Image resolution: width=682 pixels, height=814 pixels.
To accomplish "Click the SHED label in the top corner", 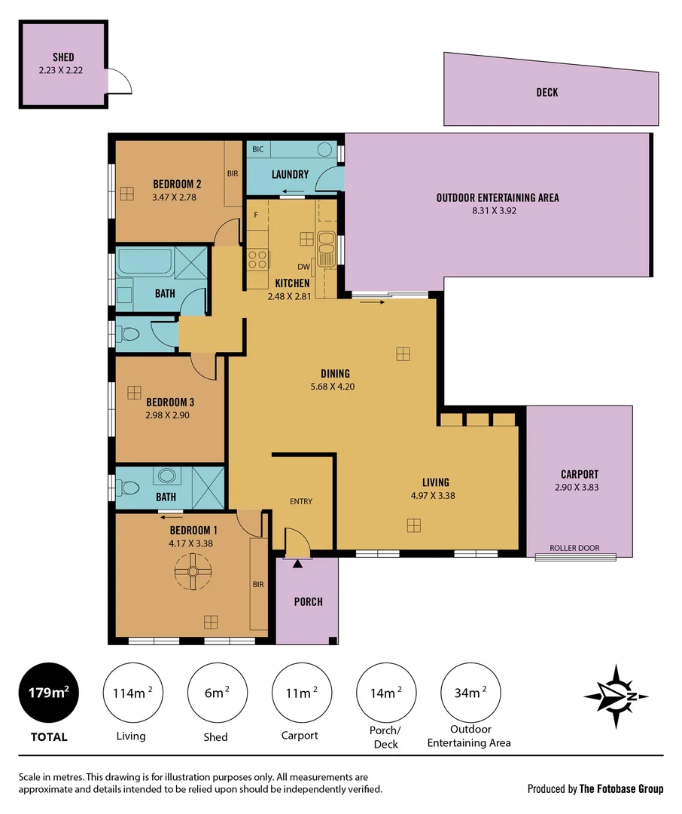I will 63,57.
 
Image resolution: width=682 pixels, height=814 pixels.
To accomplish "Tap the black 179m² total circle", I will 49,692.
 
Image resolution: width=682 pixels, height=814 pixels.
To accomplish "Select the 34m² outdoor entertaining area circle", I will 469,692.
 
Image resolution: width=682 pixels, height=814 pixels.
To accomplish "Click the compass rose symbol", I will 615,696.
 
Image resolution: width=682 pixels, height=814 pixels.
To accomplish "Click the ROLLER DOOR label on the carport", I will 574,548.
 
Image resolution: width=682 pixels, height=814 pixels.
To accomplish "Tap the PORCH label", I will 308,601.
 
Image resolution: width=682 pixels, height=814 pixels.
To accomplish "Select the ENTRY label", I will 301,501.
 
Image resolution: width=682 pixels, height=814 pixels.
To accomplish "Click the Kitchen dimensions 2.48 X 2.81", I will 288,296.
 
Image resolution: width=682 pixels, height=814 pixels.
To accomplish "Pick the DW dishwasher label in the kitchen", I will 303,266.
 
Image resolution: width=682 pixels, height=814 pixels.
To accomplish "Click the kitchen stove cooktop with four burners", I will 258,259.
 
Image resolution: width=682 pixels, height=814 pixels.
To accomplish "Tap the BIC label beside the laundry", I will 258,150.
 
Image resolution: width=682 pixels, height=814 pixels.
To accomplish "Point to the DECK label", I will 547,93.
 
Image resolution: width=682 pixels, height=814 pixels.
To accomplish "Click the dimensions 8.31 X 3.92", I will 497,211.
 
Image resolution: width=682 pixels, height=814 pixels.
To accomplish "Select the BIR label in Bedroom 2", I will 233,173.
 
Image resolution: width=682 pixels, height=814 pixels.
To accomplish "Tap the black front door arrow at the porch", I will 297,562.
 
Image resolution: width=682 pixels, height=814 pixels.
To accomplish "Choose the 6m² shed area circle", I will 217,692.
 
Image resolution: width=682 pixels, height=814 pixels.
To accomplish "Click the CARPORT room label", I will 579,474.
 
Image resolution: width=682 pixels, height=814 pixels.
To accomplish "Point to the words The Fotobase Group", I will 621,789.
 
